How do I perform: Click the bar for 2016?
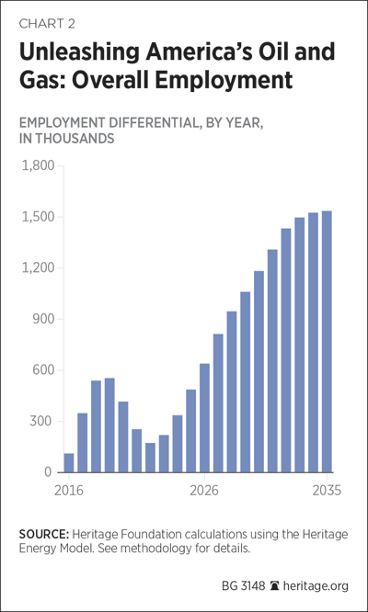click(69, 463)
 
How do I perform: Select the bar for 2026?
click(205, 418)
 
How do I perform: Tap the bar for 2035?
click(327, 342)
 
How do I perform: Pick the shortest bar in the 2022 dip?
click(150, 458)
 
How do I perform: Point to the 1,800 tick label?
click(38, 166)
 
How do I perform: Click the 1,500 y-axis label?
click(38, 217)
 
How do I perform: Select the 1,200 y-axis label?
click(38, 268)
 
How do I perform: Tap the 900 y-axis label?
click(43, 319)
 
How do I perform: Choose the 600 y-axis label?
click(43, 370)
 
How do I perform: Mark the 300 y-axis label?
click(43, 421)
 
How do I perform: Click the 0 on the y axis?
click(48, 472)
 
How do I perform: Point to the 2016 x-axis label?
click(69, 491)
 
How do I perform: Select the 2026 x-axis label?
click(205, 491)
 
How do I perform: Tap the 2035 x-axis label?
click(327, 491)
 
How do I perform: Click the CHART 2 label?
click(47, 24)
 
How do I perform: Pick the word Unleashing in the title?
click(78, 52)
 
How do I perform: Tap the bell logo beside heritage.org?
click(275, 586)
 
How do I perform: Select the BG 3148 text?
click(244, 586)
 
